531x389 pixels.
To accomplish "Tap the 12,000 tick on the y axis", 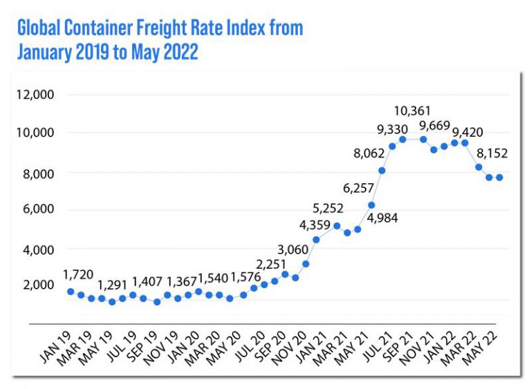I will [35, 95].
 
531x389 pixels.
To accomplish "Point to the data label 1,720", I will [78, 275].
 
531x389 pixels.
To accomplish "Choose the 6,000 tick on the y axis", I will [35, 210].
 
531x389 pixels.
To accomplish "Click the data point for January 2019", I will [71, 292].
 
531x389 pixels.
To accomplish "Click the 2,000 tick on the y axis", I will [35, 285].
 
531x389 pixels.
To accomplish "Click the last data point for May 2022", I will [499, 178].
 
